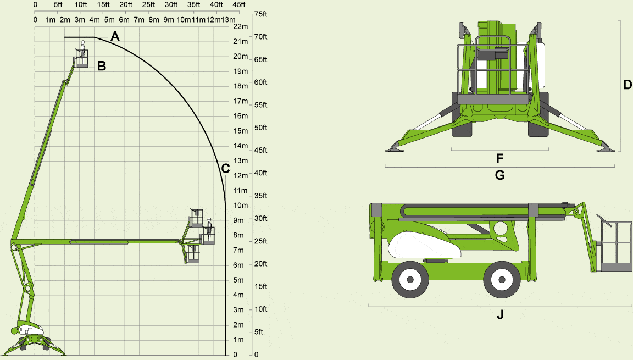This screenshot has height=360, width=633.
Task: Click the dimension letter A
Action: click(x=115, y=36)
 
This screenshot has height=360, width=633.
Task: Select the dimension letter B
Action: click(x=102, y=66)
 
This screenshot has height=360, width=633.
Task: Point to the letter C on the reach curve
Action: click(x=225, y=169)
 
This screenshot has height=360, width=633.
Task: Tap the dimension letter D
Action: click(x=628, y=85)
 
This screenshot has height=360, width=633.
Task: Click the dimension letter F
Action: click(x=500, y=159)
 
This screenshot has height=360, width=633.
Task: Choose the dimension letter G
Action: click(x=500, y=175)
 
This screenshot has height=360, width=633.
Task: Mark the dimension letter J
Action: click(x=500, y=314)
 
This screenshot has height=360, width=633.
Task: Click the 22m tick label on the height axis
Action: click(x=241, y=26)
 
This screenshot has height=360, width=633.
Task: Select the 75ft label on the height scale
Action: click(x=261, y=14)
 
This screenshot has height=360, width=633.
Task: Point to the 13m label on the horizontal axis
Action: click(x=227, y=20)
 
